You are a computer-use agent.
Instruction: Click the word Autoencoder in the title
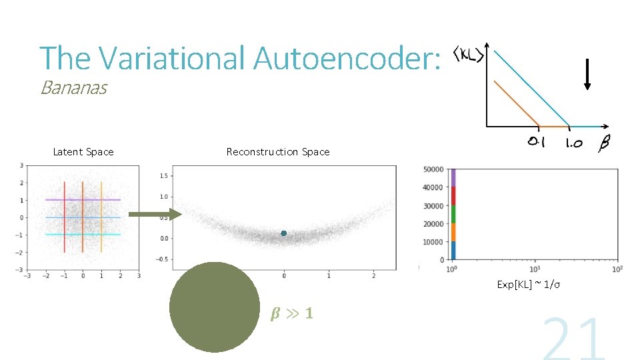tap(347, 58)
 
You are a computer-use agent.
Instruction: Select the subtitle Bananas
tap(73, 88)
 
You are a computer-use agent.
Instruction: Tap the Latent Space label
tap(83, 152)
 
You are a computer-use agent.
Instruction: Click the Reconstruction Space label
tap(278, 152)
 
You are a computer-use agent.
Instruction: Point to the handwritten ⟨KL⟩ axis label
tap(469, 54)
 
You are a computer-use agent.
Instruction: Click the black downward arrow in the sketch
tap(587, 73)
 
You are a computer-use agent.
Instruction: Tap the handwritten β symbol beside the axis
tap(605, 143)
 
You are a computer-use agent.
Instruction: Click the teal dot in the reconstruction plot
tap(284, 233)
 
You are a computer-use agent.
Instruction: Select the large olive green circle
tap(214, 307)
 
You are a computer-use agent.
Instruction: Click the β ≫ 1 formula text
tap(291, 313)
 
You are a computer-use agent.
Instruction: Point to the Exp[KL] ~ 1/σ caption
tap(528, 285)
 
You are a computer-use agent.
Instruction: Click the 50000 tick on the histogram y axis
tap(434, 169)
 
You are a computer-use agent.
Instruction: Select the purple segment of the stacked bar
tap(453, 177)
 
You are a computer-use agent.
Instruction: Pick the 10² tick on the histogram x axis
tap(617, 269)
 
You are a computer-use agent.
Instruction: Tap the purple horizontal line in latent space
tap(83, 199)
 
